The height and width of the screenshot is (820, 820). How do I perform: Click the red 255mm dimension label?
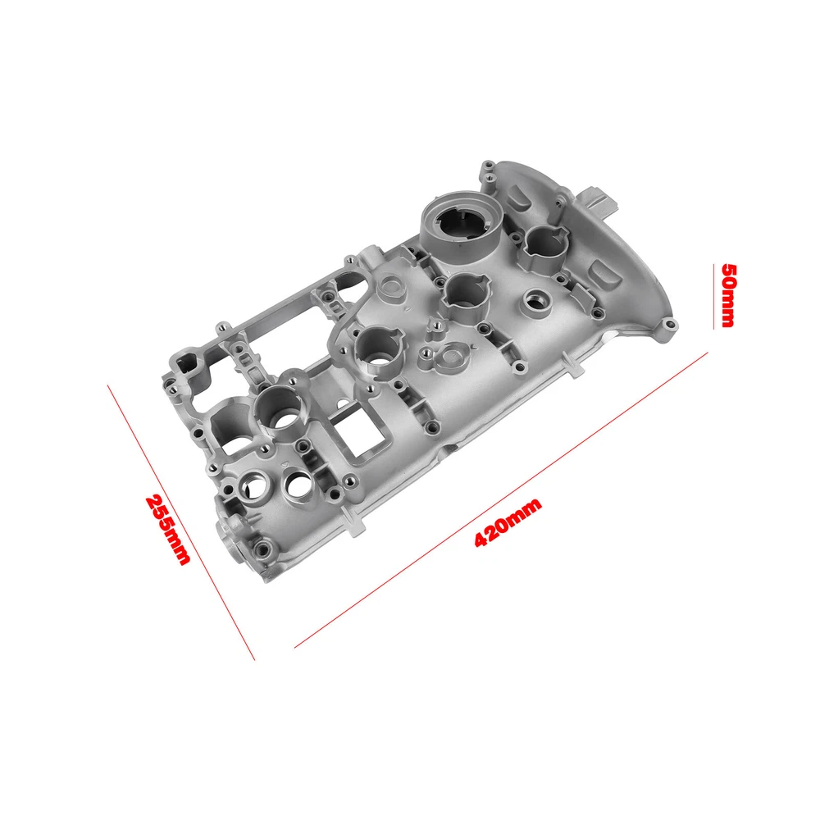pos(168,529)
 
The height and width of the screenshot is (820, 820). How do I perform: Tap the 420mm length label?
pos(508,522)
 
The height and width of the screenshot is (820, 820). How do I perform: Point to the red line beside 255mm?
pos(181,522)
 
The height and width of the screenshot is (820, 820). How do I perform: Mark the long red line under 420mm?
pos(501,500)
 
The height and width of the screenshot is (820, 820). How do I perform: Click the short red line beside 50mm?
pos(714,297)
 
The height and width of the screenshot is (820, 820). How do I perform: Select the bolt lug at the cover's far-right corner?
pos(667,326)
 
